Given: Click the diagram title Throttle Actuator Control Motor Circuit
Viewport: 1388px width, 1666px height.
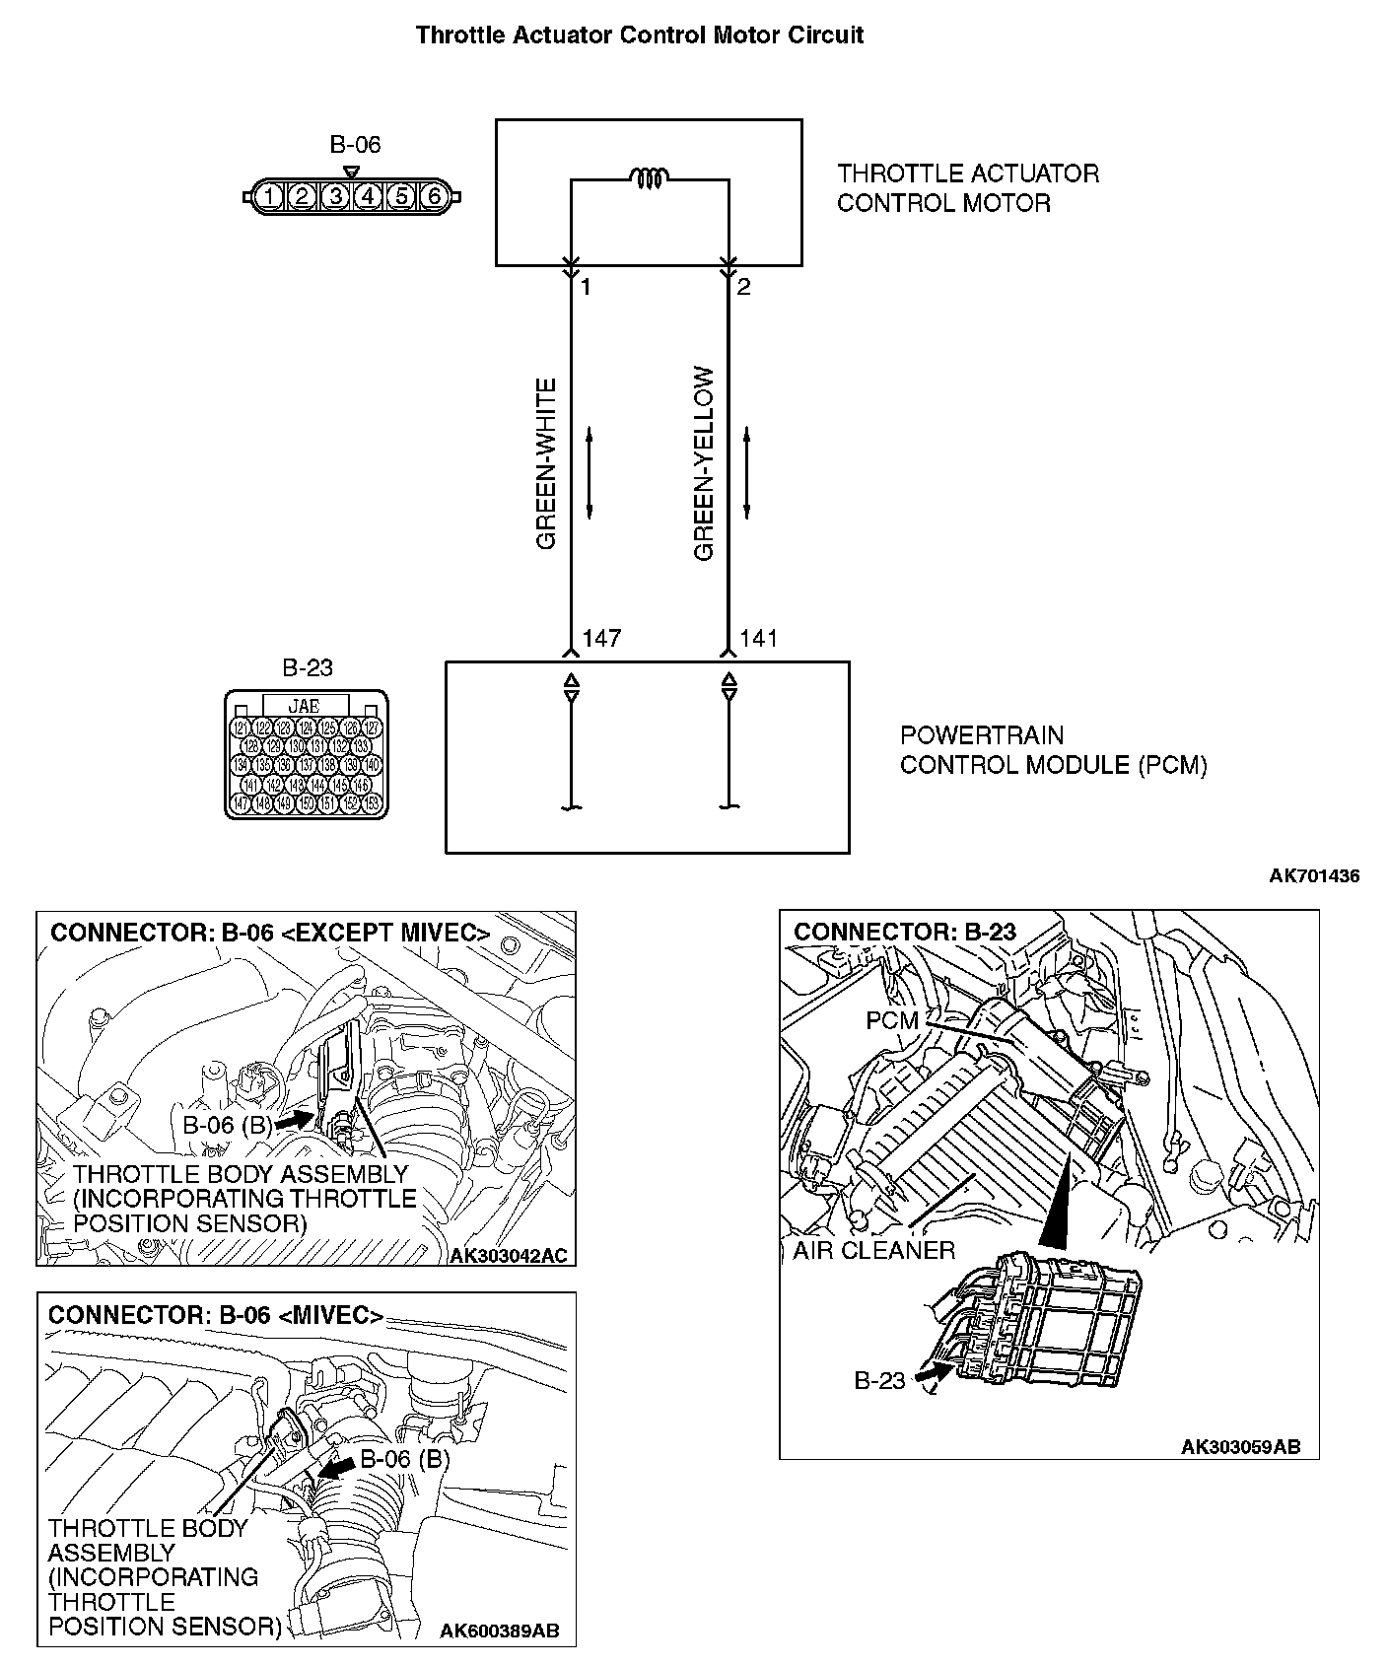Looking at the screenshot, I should coord(639,35).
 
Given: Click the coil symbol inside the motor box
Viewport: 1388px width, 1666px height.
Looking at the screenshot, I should coord(650,178).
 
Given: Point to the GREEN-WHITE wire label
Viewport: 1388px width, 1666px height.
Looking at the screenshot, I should coord(546,463).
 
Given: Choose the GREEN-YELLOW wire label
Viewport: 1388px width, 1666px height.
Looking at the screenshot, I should coord(704,463).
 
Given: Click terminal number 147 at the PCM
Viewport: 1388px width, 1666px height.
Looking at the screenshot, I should coord(601,639).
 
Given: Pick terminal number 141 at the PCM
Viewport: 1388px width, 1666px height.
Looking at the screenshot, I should coord(759,639).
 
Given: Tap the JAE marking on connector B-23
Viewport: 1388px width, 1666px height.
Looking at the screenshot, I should coord(304,706).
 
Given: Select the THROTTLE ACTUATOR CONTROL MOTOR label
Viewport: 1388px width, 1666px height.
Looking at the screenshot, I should coord(967,188).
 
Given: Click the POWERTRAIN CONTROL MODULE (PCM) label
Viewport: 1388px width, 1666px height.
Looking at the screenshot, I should coord(1052,750).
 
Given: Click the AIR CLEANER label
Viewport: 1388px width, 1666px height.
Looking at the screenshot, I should coord(874,1251).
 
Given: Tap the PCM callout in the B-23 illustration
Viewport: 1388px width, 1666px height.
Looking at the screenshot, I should coord(891,1020).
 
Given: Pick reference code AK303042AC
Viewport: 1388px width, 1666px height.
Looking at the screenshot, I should coord(508,1256).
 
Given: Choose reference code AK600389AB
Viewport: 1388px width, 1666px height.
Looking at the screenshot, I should coord(499,1631).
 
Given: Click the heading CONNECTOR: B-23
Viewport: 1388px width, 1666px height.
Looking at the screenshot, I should coord(905,933).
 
